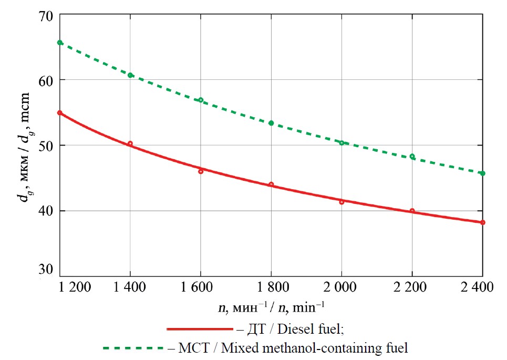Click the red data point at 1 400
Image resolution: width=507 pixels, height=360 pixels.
tap(130, 143)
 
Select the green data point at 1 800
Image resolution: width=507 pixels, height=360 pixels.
tap(271, 123)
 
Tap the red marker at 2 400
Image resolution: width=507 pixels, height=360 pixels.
tap(482, 222)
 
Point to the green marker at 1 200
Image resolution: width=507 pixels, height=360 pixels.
tap(60, 43)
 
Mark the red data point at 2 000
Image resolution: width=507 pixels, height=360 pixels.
tap(342, 202)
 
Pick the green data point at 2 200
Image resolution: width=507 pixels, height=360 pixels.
tap(412, 156)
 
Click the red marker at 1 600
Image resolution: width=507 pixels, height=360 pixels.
tap(201, 171)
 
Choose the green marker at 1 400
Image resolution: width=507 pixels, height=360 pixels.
tap(130, 75)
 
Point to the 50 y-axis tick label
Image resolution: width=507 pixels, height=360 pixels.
tap(45, 145)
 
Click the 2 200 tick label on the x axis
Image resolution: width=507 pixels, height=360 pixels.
tap(412, 288)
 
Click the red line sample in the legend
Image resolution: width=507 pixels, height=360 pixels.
tap(199, 329)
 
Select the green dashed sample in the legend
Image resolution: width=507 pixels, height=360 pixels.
tap(133, 347)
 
